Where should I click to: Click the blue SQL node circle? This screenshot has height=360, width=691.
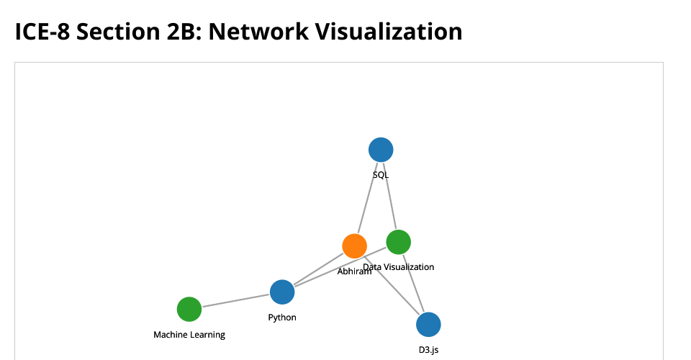click(x=381, y=150)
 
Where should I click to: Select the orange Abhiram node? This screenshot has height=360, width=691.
click(x=354, y=246)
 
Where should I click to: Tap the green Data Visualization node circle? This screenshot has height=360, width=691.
click(x=398, y=242)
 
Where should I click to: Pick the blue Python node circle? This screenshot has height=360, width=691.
click(x=282, y=292)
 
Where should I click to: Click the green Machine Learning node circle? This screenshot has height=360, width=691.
click(x=189, y=309)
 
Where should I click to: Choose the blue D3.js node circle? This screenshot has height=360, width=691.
click(x=428, y=325)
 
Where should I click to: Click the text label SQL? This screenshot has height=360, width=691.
click(x=381, y=174)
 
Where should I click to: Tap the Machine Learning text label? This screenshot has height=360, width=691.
click(x=189, y=335)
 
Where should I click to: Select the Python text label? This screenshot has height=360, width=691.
click(x=282, y=318)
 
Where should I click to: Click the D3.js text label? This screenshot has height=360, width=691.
click(x=428, y=351)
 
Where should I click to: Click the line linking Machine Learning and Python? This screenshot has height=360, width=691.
click(x=235, y=300)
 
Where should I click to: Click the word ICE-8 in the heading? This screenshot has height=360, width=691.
click(x=42, y=32)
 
